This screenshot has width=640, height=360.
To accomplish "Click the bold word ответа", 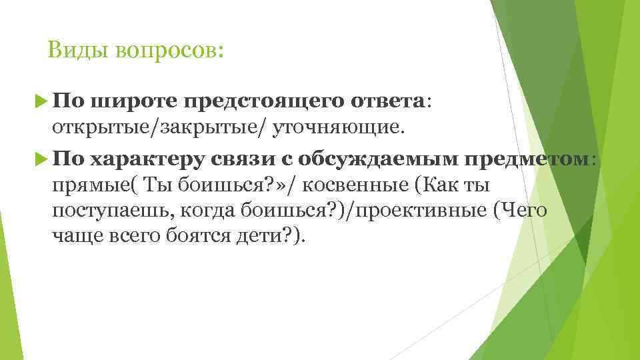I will [387, 101].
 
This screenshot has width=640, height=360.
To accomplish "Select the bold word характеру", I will [148, 159].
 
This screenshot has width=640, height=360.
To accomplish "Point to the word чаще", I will [71, 236].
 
